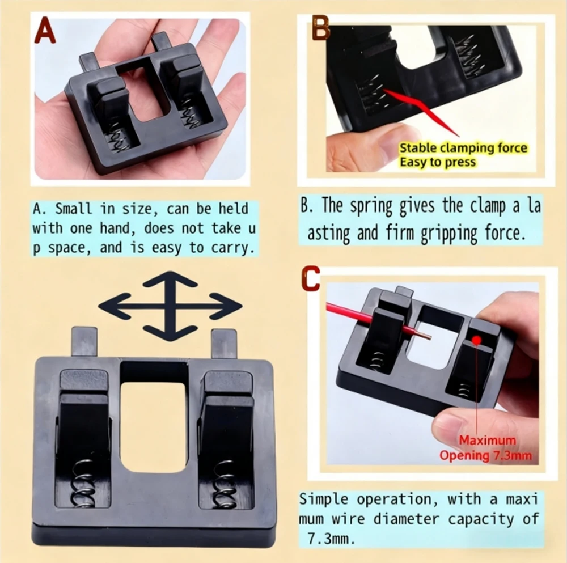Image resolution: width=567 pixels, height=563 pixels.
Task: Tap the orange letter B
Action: pos(321,28)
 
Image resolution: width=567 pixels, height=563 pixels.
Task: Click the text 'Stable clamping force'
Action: pos(463,149)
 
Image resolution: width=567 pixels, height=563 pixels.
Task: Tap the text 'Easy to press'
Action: pos(438,162)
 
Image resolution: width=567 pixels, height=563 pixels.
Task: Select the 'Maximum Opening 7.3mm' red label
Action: pos(487,447)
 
